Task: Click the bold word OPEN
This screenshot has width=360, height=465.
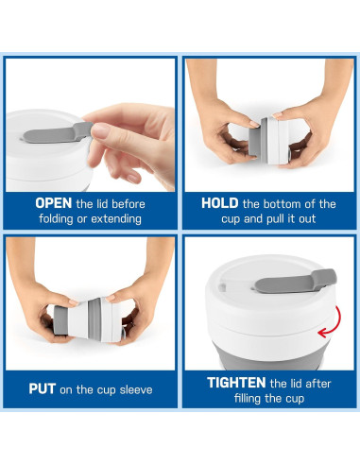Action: click(54, 203)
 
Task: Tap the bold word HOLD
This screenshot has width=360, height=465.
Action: click(220, 203)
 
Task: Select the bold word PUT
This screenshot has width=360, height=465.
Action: click(43, 389)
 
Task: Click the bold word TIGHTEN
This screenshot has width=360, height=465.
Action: click(236, 383)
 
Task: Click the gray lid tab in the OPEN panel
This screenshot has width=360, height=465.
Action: click(57, 133)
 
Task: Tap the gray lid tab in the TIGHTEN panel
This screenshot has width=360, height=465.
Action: click(295, 281)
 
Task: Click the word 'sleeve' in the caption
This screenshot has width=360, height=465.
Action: click(136, 389)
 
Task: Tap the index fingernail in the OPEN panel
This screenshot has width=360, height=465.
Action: click(101, 131)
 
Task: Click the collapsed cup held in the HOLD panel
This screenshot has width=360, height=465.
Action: click(268, 141)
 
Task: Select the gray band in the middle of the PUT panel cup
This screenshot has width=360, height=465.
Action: click(94, 319)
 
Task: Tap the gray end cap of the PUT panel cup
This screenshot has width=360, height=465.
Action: click(60, 319)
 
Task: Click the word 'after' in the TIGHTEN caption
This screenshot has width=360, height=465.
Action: click(318, 384)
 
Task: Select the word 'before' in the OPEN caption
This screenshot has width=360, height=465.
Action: click(129, 204)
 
